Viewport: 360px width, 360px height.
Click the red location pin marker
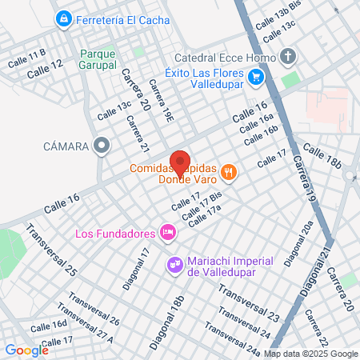click(180, 162)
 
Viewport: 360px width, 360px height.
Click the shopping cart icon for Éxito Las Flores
click(256, 78)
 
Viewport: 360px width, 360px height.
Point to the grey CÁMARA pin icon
click(102, 146)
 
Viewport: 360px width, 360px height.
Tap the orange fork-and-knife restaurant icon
click(229, 171)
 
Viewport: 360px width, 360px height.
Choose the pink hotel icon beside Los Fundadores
click(167, 233)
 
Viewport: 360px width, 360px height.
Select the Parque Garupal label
click(98, 58)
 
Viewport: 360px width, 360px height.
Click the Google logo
click(26, 350)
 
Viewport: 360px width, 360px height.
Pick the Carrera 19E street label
click(162, 106)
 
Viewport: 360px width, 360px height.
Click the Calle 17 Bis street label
click(202, 206)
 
